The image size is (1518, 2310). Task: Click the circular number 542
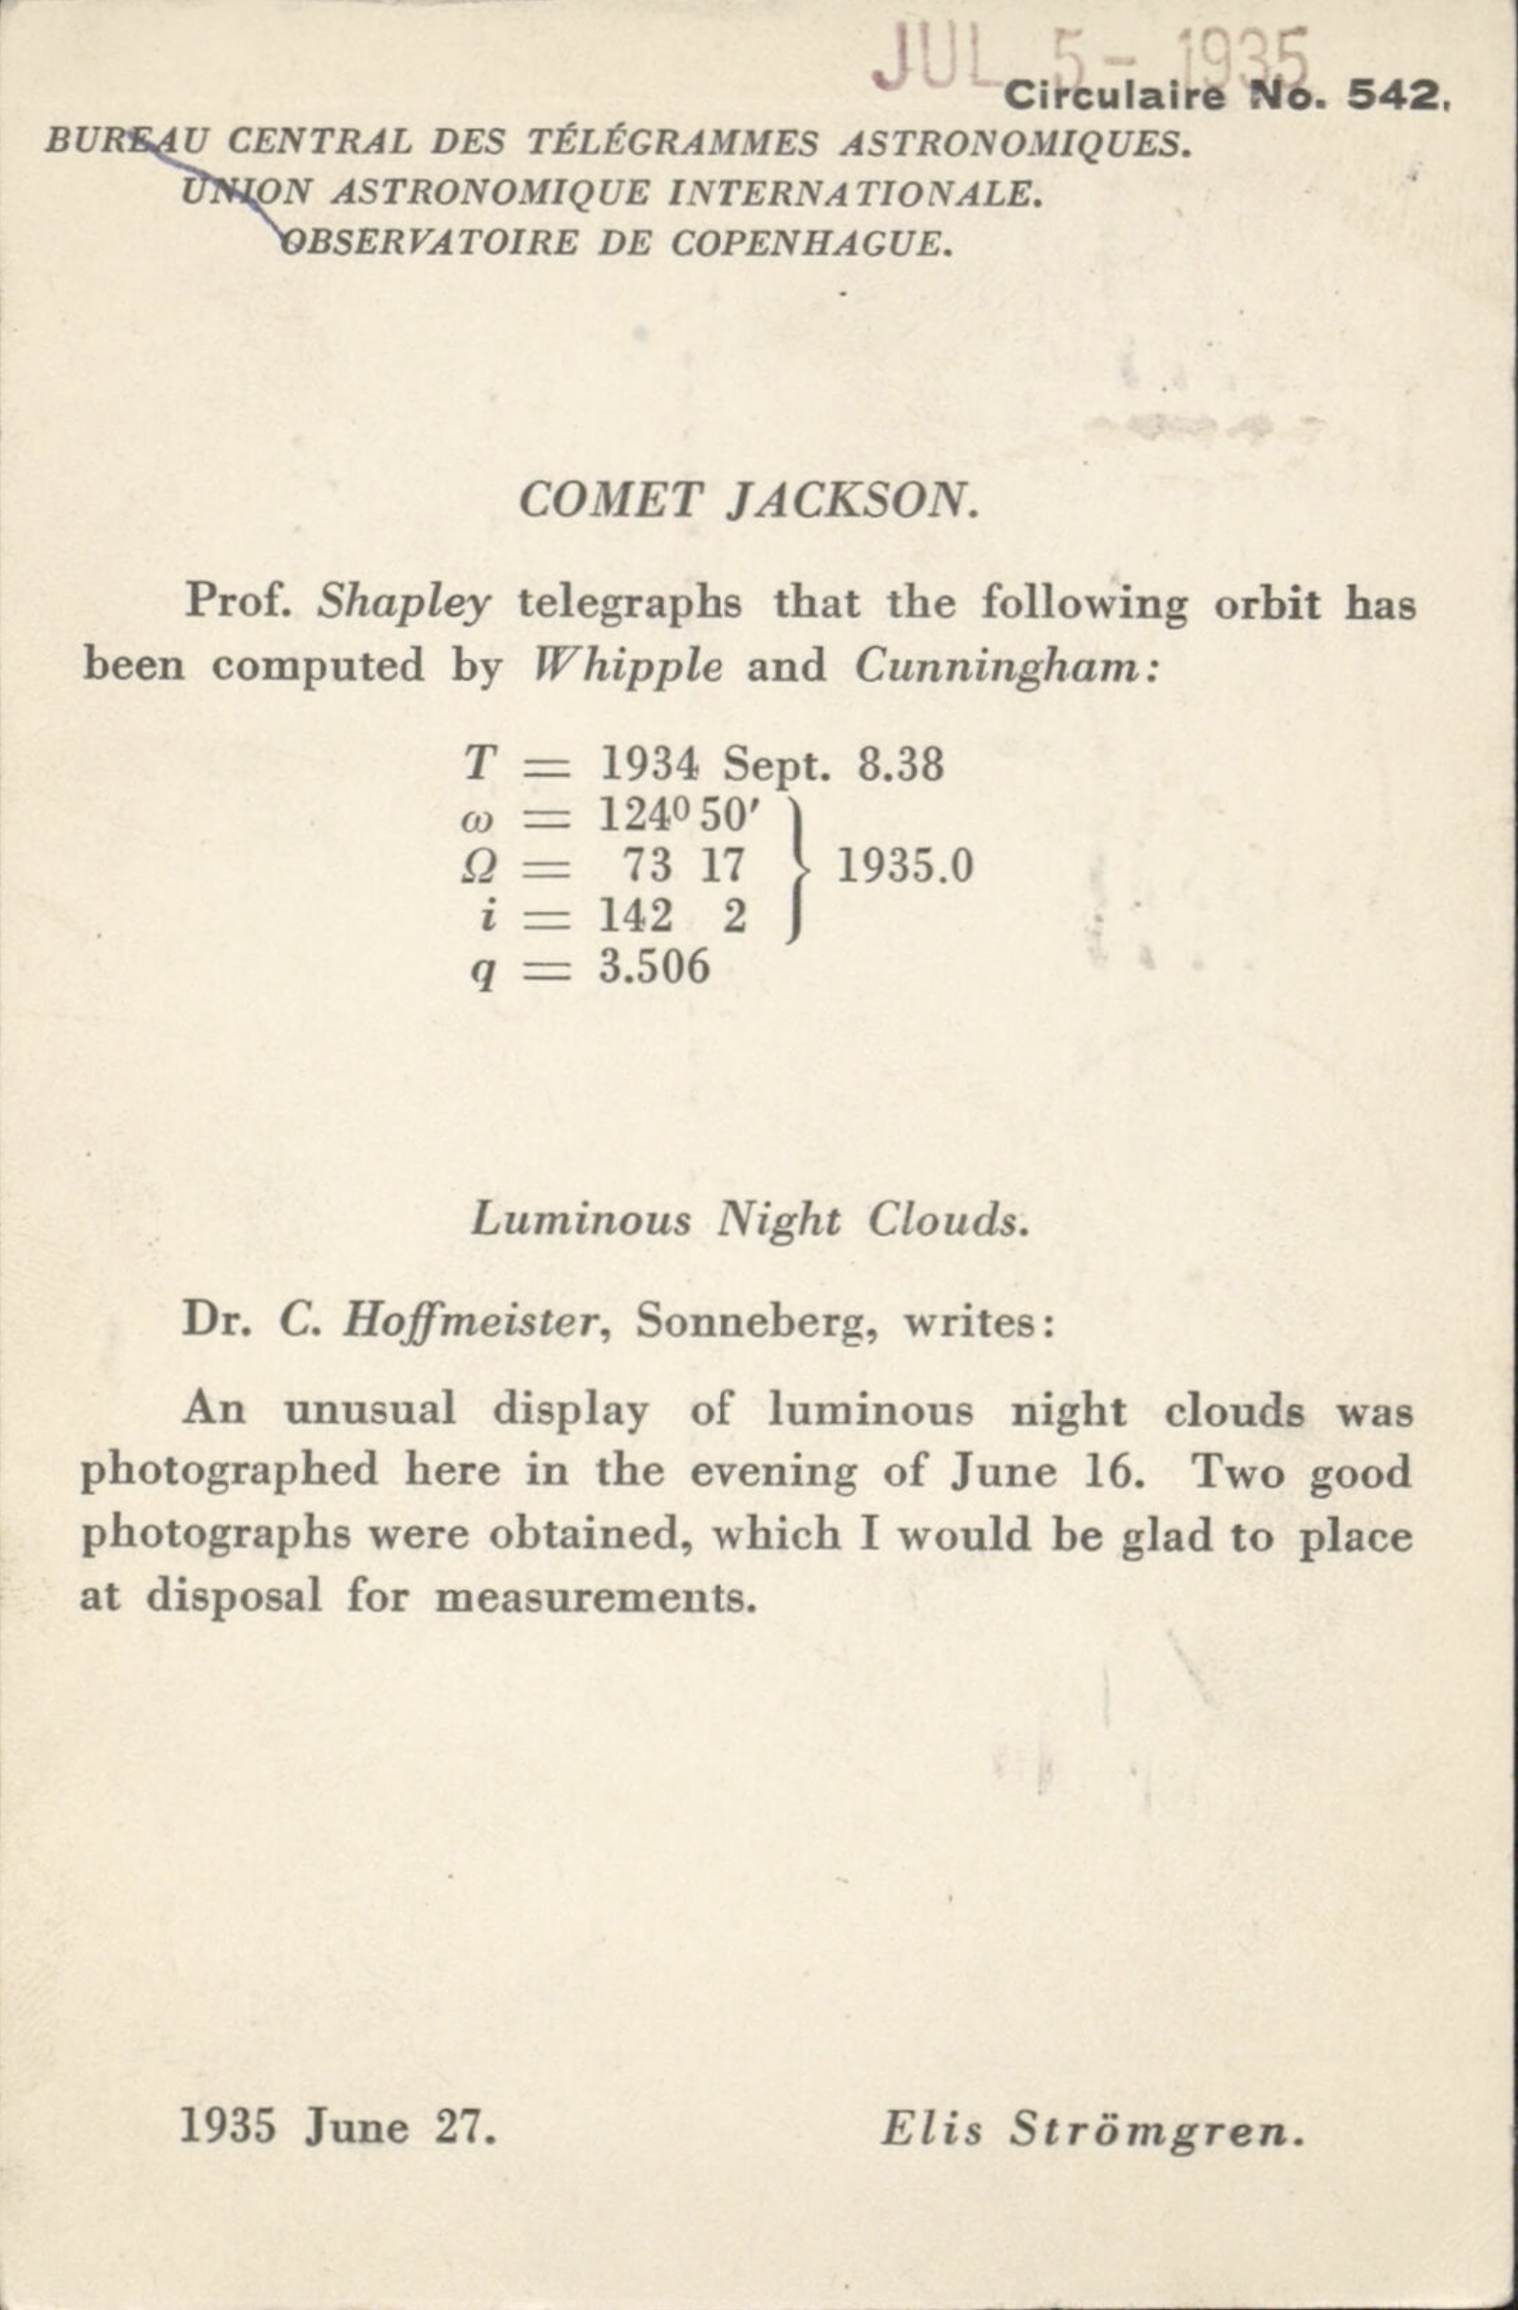point(1393,95)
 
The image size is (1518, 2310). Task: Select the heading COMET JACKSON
point(749,501)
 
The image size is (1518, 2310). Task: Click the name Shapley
point(404,604)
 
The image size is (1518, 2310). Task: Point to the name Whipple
point(628,666)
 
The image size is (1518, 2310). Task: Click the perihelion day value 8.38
point(899,765)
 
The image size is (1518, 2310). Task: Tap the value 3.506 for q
point(655,967)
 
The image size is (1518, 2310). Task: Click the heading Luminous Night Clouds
point(749,1220)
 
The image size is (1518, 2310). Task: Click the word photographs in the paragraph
point(227,1535)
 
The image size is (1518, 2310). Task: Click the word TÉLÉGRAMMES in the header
point(673,143)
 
